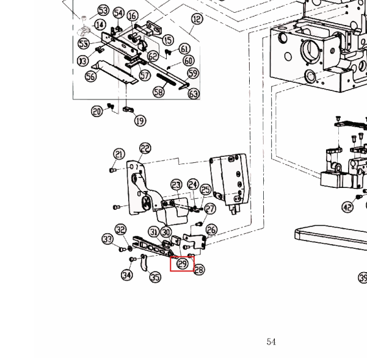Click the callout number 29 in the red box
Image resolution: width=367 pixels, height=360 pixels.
(182, 264)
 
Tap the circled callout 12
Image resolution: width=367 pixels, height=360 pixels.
(196, 20)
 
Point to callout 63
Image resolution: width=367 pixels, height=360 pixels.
(194, 93)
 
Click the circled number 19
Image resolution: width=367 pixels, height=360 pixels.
(140, 120)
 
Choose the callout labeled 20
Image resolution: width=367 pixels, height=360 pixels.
(97, 112)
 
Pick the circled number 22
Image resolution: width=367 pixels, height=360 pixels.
(145, 148)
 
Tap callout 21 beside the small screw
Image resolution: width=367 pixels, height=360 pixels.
(119, 155)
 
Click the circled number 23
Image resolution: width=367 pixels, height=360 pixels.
(176, 185)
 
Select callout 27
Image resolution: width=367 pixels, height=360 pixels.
(209, 209)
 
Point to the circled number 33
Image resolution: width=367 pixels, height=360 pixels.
(107, 239)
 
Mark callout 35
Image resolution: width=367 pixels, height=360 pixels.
(155, 278)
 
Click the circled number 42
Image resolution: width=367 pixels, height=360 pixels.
(347, 207)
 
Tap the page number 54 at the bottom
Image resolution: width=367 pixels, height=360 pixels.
(271, 342)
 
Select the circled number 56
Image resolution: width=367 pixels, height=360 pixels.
(90, 76)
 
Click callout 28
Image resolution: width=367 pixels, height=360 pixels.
(199, 270)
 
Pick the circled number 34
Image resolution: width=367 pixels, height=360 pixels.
(126, 276)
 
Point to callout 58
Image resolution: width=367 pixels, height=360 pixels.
(159, 92)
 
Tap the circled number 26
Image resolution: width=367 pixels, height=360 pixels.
(211, 230)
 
